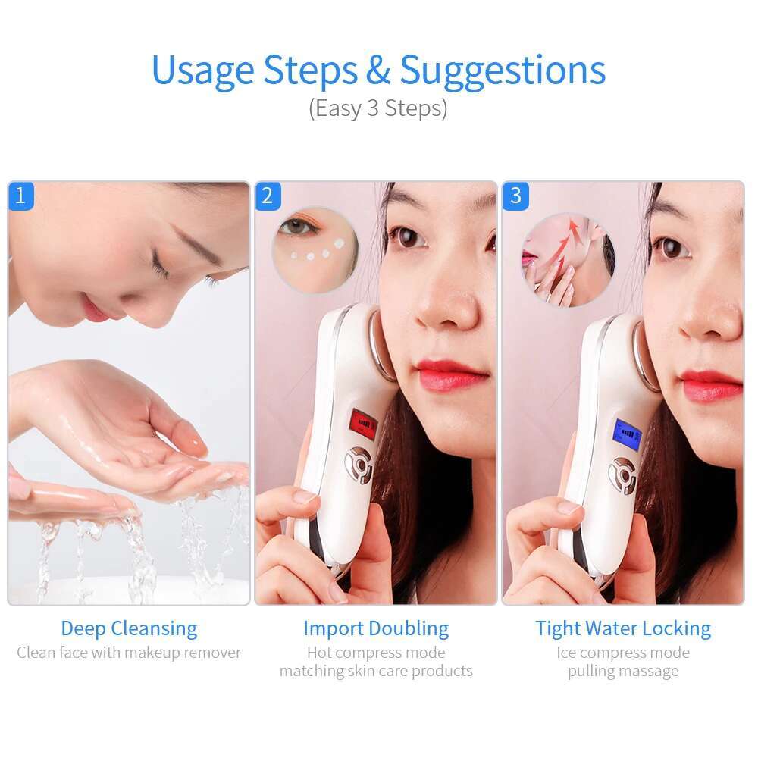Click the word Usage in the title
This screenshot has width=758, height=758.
coord(202,70)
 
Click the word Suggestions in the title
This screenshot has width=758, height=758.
coord(503,70)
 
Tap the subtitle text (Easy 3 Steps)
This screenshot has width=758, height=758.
coord(377,108)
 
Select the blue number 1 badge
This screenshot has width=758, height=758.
coord(20,196)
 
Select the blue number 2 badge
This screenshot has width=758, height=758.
coord(267,196)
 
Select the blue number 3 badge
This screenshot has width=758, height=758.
coord(515,196)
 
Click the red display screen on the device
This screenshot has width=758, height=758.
coord(362,427)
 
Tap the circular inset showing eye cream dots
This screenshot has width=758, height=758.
coord(315,249)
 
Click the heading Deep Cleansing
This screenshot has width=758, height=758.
coord(129,628)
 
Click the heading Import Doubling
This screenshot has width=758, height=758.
coord(376,628)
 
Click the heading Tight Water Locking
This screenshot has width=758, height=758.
coord(623,628)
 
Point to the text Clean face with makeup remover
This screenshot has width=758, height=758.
coord(129,653)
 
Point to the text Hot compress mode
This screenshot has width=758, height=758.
coord(376,653)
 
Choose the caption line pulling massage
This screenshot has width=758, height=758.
coord(623,672)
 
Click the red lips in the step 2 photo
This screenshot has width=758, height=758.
coord(452,374)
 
